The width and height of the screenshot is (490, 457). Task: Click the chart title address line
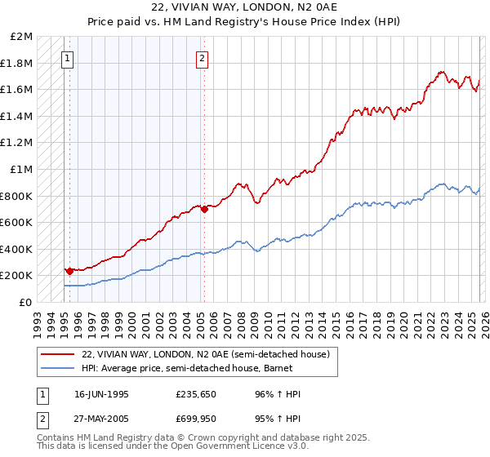coord(244,8)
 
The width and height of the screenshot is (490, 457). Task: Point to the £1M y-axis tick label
coord(22,169)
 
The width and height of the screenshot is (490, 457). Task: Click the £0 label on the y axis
coord(26,302)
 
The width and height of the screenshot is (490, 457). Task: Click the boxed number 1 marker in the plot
coord(68,58)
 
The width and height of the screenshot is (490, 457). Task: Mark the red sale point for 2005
coord(204,209)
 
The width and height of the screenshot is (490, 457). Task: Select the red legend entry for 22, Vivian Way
coord(205,354)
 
